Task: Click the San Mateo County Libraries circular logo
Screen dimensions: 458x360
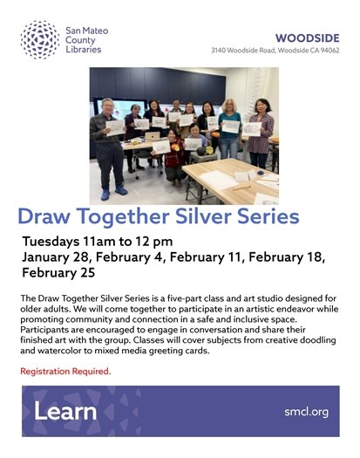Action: click(39, 39)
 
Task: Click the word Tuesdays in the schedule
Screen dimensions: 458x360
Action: click(57, 240)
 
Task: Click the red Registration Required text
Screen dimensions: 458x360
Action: click(65, 371)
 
